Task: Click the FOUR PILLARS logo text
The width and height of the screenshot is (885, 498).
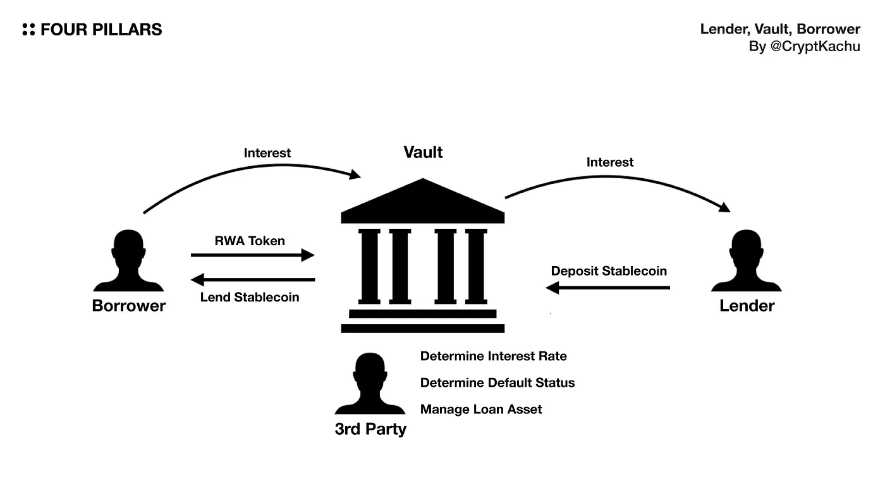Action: tap(101, 30)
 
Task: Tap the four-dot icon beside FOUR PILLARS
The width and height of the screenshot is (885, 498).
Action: tap(28, 30)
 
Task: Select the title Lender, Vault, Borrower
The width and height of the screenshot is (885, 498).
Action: tap(779, 29)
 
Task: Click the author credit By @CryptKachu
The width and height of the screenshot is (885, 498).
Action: tap(804, 47)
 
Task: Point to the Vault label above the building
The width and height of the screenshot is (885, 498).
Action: tap(423, 152)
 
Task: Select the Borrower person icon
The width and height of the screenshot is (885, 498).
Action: tap(128, 260)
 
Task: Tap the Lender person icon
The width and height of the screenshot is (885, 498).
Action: tap(747, 260)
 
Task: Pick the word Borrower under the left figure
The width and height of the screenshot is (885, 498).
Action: tap(129, 306)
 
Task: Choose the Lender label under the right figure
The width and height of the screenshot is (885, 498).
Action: tap(747, 306)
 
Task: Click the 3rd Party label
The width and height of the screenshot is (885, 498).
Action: tap(370, 429)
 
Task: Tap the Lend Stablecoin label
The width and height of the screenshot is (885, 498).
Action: tap(250, 297)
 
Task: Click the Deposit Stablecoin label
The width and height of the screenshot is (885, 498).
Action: tap(609, 271)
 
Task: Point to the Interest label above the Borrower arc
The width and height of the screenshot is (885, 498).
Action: tap(267, 153)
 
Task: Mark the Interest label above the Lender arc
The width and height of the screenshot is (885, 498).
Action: tap(610, 162)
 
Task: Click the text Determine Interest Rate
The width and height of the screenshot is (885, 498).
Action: tap(493, 356)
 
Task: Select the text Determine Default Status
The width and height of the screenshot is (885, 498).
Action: tap(497, 383)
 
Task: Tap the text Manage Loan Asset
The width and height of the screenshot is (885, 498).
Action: tap(481, 410)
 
